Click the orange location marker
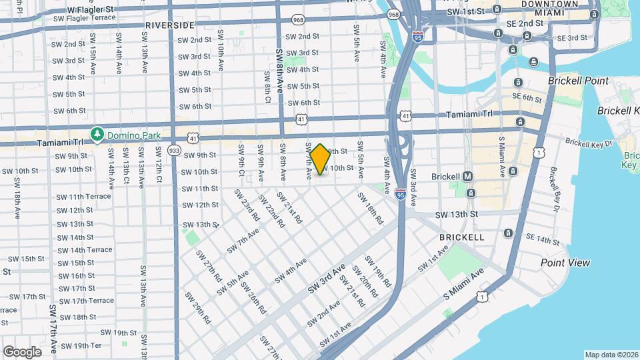(x=320, y=159)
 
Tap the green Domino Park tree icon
(x=97, y=135)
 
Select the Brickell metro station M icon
(x=468, y=177)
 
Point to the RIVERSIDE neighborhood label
(x=169, y=25)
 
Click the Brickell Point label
(x=578, y=81)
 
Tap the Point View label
(x=565, y=263)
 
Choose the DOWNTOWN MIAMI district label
(x=549, y=9)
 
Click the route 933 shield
(x=175, y=149)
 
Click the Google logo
(x=22, y=351)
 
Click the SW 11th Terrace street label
(x=84, y=197)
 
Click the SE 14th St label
(x=543, y=239)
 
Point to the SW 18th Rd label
(x=370, y=207)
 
